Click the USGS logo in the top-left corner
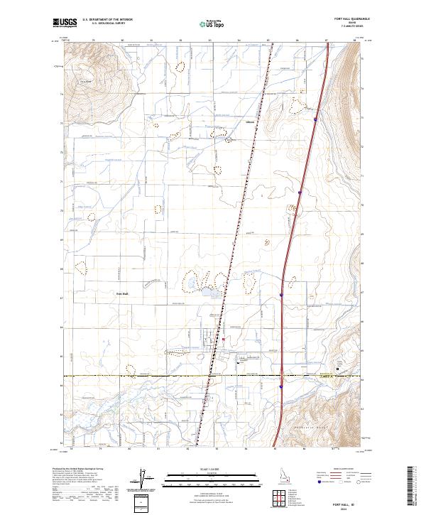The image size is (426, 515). [65, 23]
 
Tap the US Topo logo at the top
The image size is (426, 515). [212, 23]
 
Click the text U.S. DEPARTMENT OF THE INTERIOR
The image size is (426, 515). [107, 19]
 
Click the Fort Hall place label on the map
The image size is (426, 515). [121, 293]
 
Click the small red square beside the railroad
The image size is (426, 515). [223, 339]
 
